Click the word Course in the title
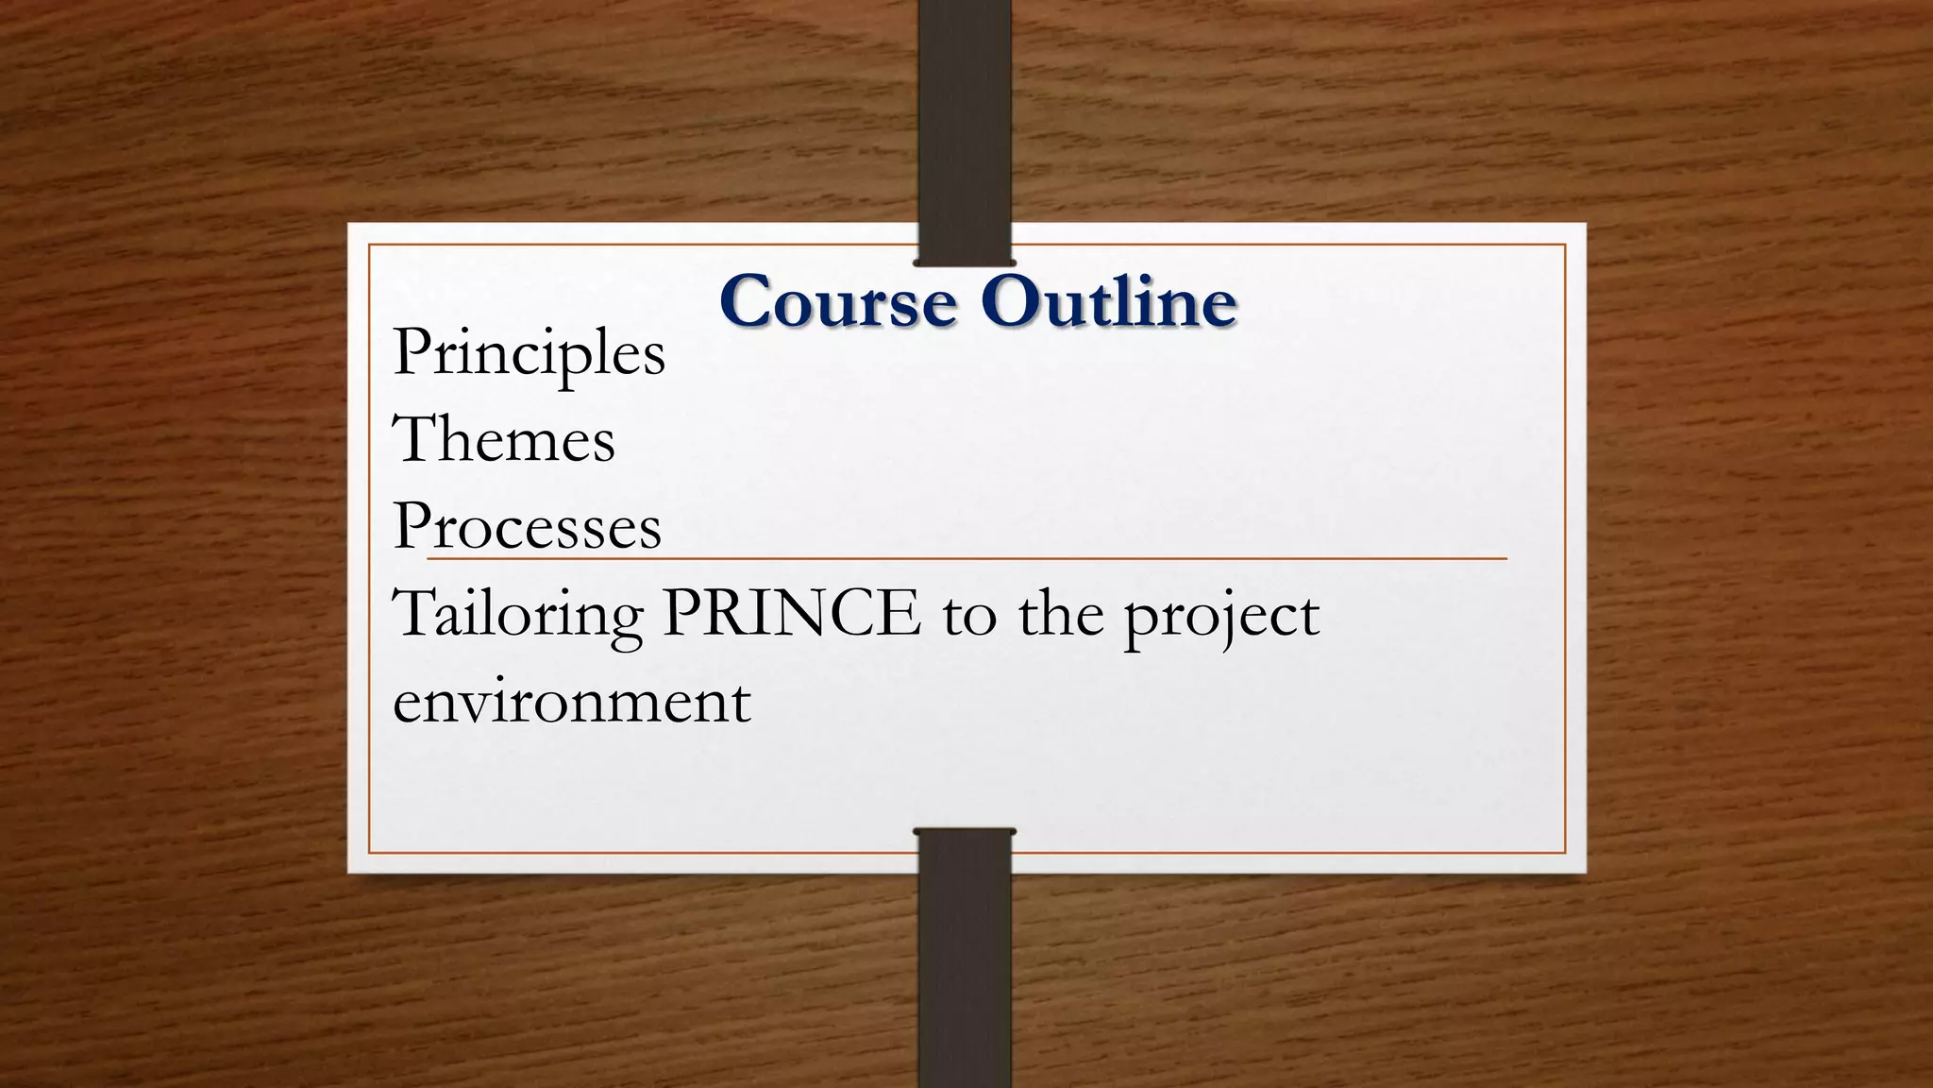pos(838,302)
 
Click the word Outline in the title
pos(1108,302)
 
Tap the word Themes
pos(504,440)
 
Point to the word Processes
pos(527,526)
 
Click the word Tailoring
pos(517,615)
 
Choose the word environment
pos(572,702)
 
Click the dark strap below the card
pos(964,963)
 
